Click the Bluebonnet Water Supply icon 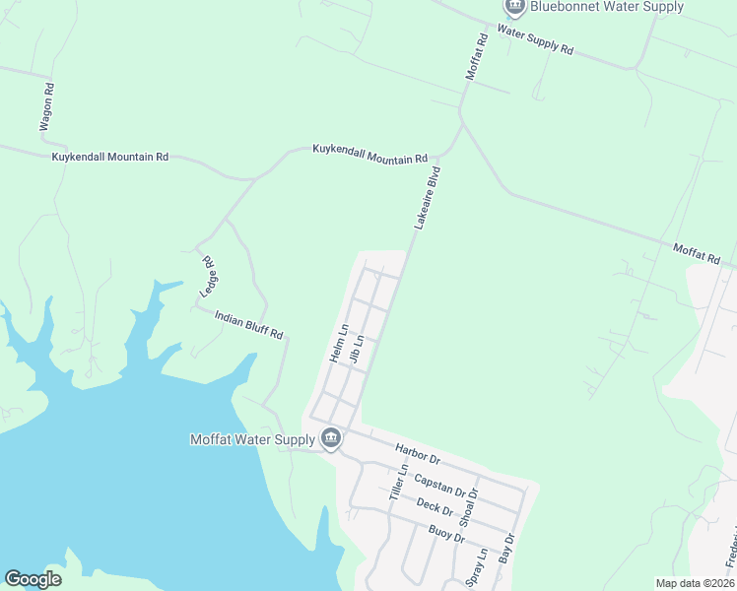click(514, 7)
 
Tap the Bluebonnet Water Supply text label click(606, 7)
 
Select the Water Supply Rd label click(535, 38)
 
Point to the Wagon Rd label click(46, 107)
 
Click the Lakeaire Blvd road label click(427, 198)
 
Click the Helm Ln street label click(339, 343)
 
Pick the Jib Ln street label click(357, 352)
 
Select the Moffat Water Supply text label click(252, 438)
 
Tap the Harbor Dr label click(415, 454)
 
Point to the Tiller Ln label click(399, 484)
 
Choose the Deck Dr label click(434, 507)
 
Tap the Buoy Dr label click(446, 536)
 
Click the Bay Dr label click(508, 548)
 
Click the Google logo click(33, 578)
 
